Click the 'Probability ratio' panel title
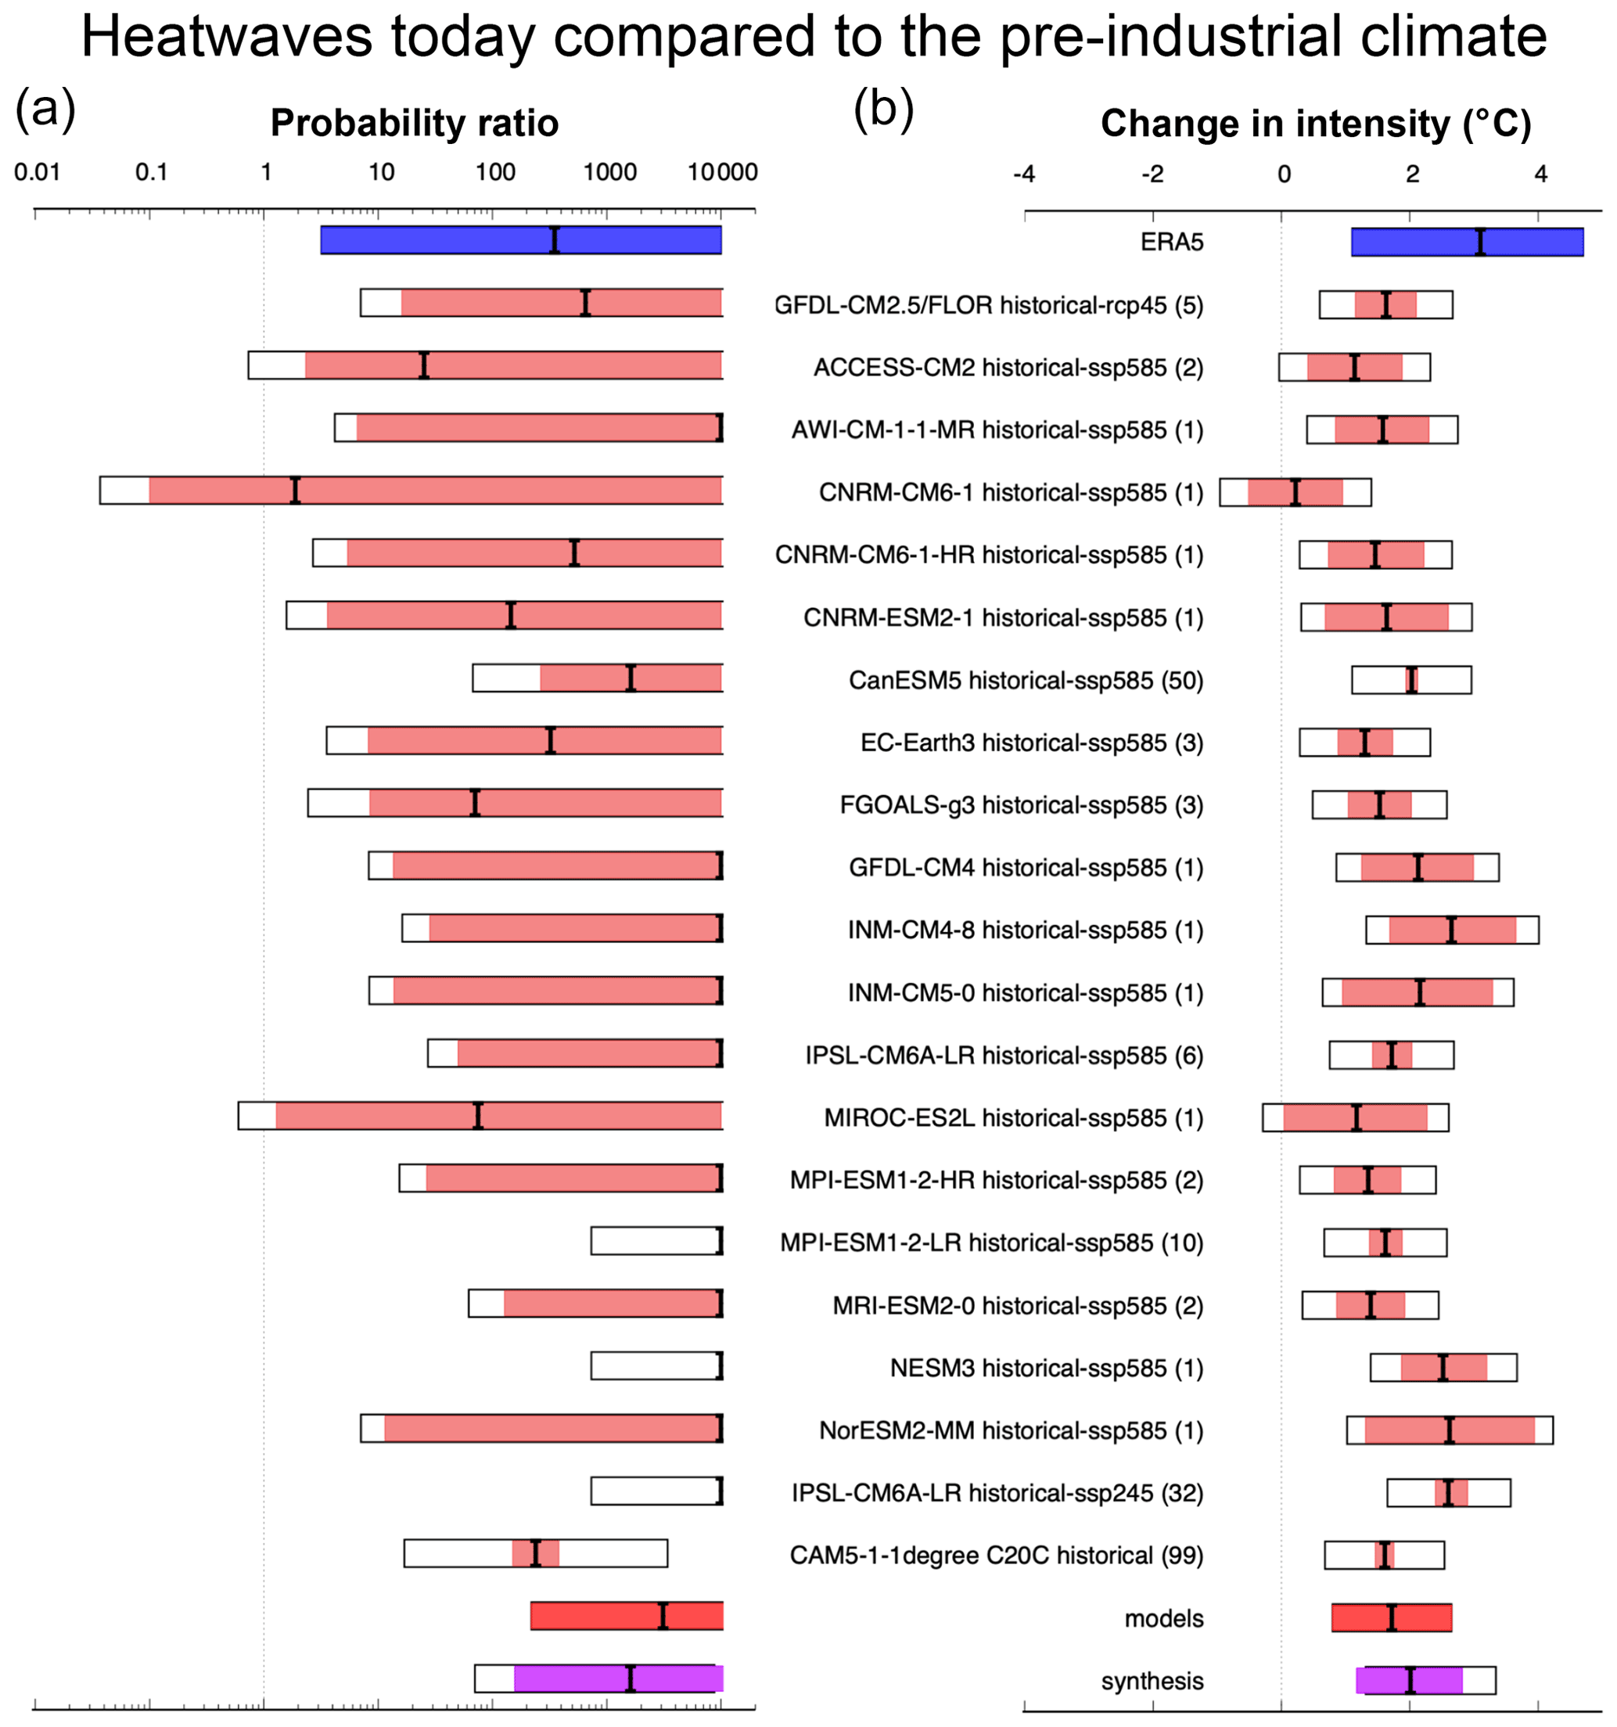[x=415, y=124]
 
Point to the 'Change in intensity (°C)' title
[x=1315, y=124]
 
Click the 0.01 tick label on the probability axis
[x=37, y=172]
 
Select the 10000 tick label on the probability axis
[x=723, y=172]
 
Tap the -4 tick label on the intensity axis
[x=1024, y=174]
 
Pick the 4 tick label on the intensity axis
[x=1540, y=174]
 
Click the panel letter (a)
[x=45, y=110]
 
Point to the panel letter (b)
[x=883, y=110]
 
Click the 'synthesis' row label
[x=1152, y=1681]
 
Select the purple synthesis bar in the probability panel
[x=617, y=1678]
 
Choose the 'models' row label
[x=1164, y=1618]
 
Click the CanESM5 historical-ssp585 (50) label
[x=1026, y=680]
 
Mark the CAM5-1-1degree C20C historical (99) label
[x=996, y=1555]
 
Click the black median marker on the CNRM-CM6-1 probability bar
[x=295, y=490]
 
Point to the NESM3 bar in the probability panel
[x=656, y=1365]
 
